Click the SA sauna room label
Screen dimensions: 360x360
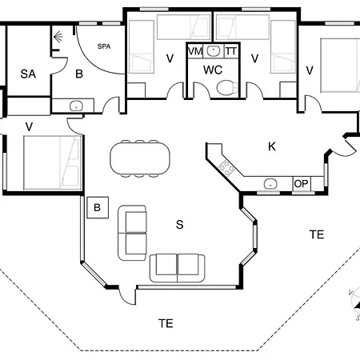click(x=28, y=74)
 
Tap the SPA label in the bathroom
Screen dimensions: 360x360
click(x=104, y=46)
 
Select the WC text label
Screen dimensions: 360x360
click(x=212, y=70)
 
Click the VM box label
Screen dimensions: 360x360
click(x=194, y=51)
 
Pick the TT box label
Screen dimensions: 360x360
click(x=230, y=51)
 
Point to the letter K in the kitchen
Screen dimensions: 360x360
click(x=272, y=146)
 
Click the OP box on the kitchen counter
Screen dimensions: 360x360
click(x=301, y=183)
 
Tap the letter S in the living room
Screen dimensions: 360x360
click(x=179, y=225)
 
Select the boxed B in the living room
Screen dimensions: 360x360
click(x=97, y=207)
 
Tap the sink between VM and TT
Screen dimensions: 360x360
click(x=212, y=51)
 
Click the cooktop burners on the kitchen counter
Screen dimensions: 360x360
click(x=226, y=168)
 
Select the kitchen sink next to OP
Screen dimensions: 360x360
click(x=271, y=183)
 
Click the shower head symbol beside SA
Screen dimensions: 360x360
click(x=58, y=37)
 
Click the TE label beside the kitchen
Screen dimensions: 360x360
click(x=317, y=234)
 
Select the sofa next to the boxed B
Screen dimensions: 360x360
click(x=133, y=233)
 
